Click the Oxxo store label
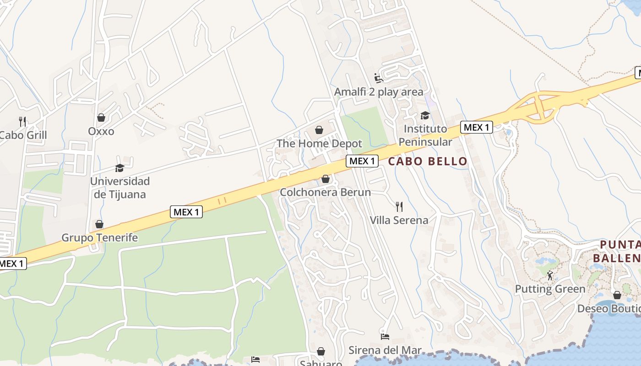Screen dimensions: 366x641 pyautogui.click(x=101, y=131)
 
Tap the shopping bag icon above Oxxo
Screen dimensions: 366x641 pyautogui.click(x=101, y=118)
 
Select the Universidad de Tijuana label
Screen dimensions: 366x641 pyautogui.click(x=120, y=188)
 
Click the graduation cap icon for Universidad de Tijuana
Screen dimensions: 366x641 pyautogui.click(x=120, y=168)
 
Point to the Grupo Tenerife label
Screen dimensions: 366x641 pyautogui.click(x=99, y=238)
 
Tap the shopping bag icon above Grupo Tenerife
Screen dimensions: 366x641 pyautogui.click(x=99, y=224)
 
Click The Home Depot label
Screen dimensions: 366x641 pyautogui.click(x=319, y=144)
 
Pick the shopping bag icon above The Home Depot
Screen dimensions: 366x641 pyautogui.click(x=319, y=130)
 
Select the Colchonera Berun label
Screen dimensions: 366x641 pyautogui.click(x=325, y=192)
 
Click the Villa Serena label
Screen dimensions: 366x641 pyautogui.click(x=399, y=220)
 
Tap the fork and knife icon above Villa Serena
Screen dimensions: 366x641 pyautogui.click(x=399, y=207)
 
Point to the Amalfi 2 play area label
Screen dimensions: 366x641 pyautogui.click(x=379, y=92)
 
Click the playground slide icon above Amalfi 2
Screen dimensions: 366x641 pyautogui.click(x=379, y=78)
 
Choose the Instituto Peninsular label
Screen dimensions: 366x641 pyautogui.click(x=425, y=135)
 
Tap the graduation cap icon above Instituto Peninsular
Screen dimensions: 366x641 pyautogui.click(x=425, y=115)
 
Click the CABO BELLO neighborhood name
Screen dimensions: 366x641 pyautogui.click(x=428, y=161)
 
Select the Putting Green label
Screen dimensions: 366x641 pyautogui.click(x=550, y=289)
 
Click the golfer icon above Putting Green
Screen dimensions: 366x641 pyautogui.click(x=550, y=275)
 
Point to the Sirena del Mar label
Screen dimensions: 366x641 pyautogui.click(x=385, y=350)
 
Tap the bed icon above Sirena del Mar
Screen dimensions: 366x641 pyautogui.click(x=385, y=337)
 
